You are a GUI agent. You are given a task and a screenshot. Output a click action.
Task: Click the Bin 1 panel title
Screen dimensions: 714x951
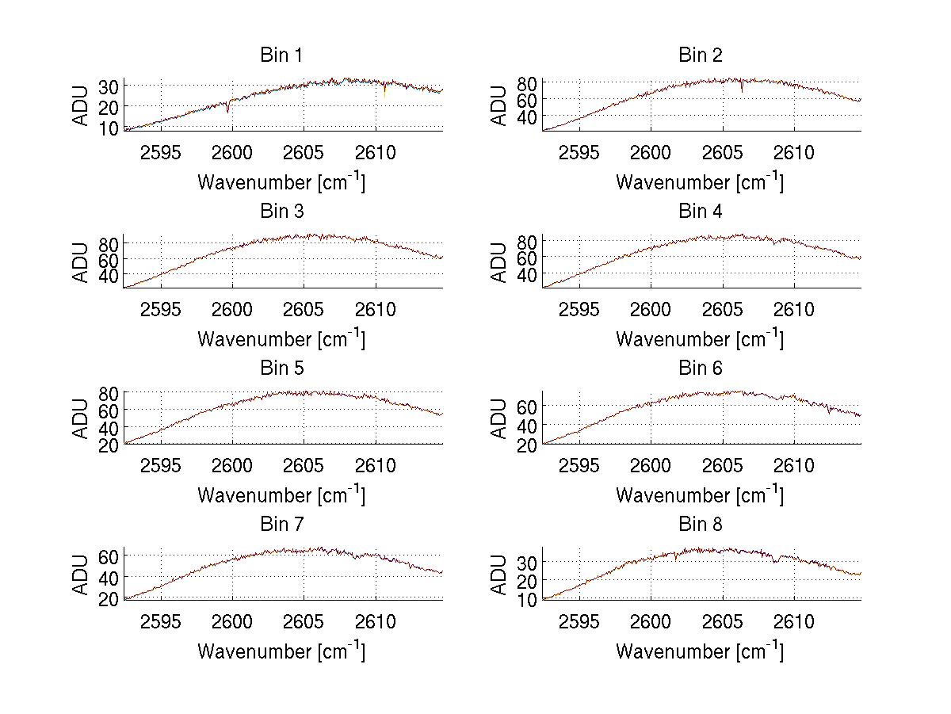point(281,55)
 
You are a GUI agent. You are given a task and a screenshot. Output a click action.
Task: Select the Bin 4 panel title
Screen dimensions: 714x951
point(701,212)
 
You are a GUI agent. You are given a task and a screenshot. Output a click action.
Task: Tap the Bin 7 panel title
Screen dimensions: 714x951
point(281,525)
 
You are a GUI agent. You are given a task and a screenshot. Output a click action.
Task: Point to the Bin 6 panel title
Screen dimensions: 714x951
point(701,368)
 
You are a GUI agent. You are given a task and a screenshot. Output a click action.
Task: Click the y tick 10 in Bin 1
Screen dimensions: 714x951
point(109,128)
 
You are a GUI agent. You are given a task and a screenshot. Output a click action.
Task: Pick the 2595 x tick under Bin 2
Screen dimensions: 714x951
point(579,153)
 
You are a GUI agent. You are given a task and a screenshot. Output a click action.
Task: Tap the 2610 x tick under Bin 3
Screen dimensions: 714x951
point(376,309)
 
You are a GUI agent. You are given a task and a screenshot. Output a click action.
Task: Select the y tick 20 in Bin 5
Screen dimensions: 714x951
point(109,445)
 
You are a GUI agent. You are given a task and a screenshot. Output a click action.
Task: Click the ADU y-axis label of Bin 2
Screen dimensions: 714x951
point(499,105)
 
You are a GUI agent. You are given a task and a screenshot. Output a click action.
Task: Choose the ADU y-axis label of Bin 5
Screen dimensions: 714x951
point(81,418)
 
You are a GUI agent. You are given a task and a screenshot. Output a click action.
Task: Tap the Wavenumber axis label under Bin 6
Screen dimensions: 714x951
point(700,495)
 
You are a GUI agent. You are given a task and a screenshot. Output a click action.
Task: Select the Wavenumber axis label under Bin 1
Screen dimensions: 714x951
point(281,182)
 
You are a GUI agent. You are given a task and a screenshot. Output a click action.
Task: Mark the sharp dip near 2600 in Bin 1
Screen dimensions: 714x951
point(228,110)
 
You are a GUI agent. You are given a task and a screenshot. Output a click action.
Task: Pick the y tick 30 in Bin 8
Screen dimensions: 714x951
point(528,562)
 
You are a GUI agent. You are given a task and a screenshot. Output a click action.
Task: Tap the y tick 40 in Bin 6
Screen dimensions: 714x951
point(528,426)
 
